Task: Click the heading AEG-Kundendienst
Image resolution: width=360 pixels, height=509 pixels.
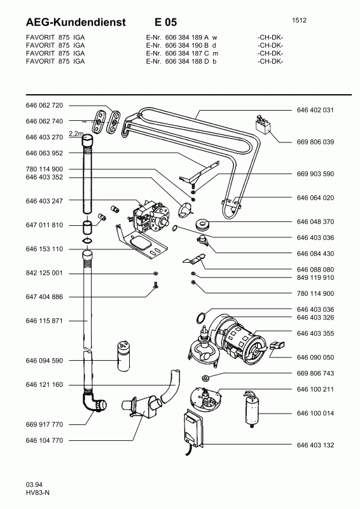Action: pos(76,22)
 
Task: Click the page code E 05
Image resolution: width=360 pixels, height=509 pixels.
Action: pos(165,22)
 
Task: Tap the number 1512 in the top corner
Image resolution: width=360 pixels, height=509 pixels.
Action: pos(299,20)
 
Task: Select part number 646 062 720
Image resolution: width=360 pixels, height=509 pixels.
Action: pos(44,105)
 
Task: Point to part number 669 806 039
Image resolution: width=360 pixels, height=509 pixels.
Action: pos(315,142)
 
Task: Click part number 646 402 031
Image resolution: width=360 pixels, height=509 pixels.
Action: pos(315,110)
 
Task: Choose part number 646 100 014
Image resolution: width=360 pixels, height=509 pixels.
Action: pos(315,413)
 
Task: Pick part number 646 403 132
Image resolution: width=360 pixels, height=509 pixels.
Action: pos(315,445)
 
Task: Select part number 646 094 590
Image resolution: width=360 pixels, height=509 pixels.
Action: pos(44,361)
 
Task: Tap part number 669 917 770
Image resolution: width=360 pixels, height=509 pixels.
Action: pos(44,424)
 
